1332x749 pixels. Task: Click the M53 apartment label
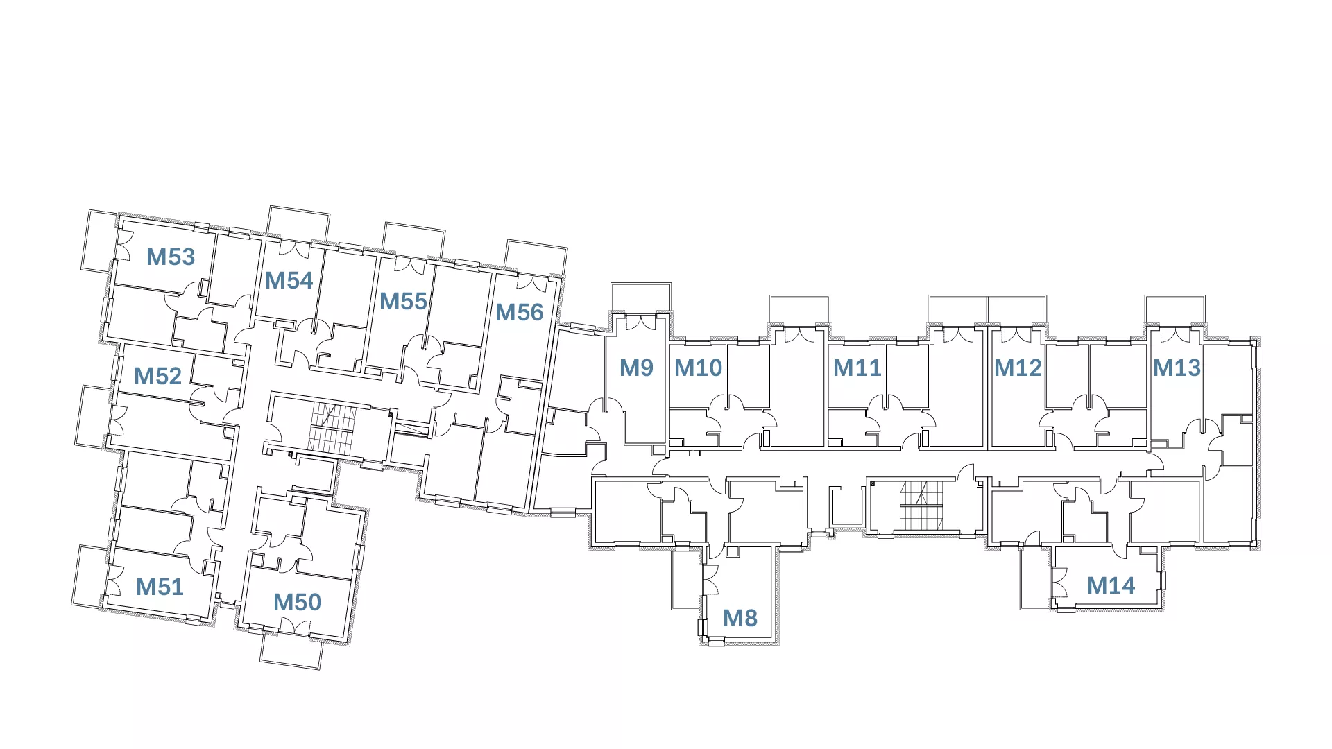(x=171, y=257)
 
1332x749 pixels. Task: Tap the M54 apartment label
(x=289, y=281)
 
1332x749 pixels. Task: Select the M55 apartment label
(x=403, y=302)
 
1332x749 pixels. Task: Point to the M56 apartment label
(x=519, y=313)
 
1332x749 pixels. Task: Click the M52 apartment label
(x=157, y=377)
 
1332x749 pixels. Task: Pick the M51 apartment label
(x=160, y=587)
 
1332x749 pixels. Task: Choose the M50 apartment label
(x=297, y=603)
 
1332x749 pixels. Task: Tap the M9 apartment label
(x=636, y=368)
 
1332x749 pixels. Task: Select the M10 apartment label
(x=698, y=368)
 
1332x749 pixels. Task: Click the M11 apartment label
(x=857, y=368)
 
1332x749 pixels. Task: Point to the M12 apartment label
(x=1018, y=368)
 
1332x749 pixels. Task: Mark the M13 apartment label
(x=1177, y=368)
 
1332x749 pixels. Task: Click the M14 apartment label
(x=1111, y=586)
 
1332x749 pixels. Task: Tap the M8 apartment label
(x=740, y=619)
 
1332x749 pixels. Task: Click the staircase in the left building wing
(x=332, y=431)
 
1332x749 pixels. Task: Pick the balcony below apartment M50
(x=291, y=651)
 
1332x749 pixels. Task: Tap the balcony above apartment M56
(x=536, y=257)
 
